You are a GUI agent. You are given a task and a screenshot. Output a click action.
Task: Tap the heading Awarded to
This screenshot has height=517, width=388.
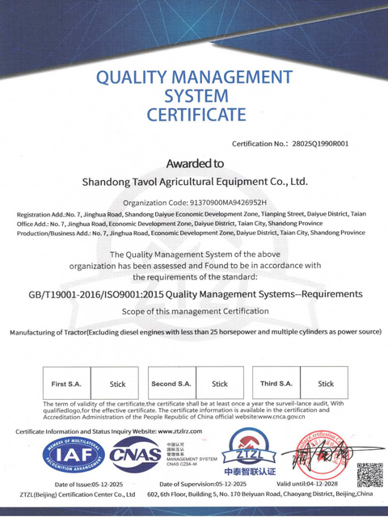click(195, 162)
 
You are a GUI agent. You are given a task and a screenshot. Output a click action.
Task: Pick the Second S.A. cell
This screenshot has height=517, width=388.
click(171, 384)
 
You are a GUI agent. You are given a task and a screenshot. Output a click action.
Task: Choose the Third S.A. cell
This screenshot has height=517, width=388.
click(277, 384)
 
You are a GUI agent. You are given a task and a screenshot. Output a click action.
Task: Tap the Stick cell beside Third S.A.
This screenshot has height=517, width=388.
click(326, 384)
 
